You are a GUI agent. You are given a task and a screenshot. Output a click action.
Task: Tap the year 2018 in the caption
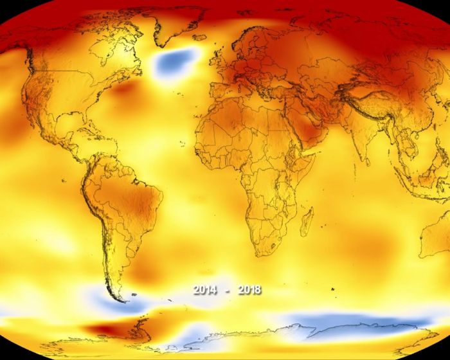[248, 290]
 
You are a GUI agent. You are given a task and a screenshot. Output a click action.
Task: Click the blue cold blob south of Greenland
[175, 62]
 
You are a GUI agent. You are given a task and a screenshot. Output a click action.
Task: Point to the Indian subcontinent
[364, 138]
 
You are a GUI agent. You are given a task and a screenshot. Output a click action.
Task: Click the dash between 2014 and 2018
[227, 291]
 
